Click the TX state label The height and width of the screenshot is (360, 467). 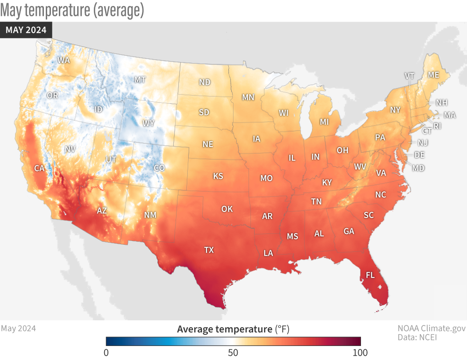(x=209, y=250)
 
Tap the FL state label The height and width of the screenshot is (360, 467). (x=370, y=275)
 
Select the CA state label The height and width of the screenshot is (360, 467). (x=39, y=168)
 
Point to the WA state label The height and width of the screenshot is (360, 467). (x=64, y=60)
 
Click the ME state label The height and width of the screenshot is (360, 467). (x=433, y=75)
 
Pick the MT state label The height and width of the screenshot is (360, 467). (x=140, y=79)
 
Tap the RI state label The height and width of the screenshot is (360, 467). (x=437, y=126)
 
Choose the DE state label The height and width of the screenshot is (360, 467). (x=419, y=155)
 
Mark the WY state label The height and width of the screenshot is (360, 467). (x=149, y=123)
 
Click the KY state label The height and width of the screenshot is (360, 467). (x=327, y=182)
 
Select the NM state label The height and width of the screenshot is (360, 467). (x=150, y=215)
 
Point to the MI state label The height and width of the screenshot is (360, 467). (x=324, y=122)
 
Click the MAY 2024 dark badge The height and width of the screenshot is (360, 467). (x=26, y=30)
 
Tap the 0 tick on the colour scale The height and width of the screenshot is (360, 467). (x=106, y=352)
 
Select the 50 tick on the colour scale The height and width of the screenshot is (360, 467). (x=233, y=352)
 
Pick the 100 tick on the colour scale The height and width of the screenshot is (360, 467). (x=360, y=352)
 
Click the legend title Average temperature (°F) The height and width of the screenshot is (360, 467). (x=233, y=330)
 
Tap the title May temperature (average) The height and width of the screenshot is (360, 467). (x=72, y=10)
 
